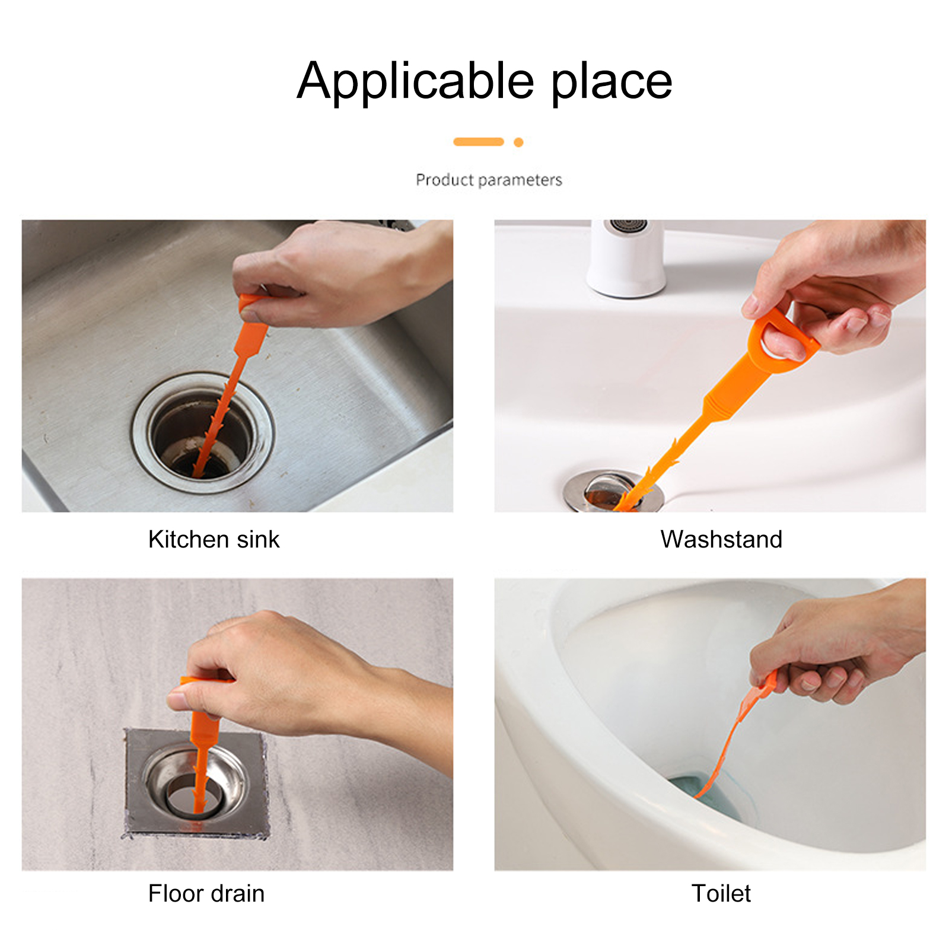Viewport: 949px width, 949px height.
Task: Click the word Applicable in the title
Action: coord(415,81)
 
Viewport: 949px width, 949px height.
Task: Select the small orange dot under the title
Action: coord(518,142)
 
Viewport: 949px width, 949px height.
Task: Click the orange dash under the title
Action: coord(479,142)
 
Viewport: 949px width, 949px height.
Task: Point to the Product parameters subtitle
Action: coord(489,180)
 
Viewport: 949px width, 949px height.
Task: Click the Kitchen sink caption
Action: coord(214,539)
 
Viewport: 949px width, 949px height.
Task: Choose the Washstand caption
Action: coord(721,539)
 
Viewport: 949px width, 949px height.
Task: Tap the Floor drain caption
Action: coord(206,893)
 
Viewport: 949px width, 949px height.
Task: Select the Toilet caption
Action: coord(721,893)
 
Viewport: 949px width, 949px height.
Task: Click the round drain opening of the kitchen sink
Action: coord(202,434)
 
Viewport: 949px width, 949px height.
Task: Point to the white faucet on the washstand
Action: coord(626,257)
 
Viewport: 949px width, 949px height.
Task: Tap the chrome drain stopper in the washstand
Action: coord(613,491)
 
